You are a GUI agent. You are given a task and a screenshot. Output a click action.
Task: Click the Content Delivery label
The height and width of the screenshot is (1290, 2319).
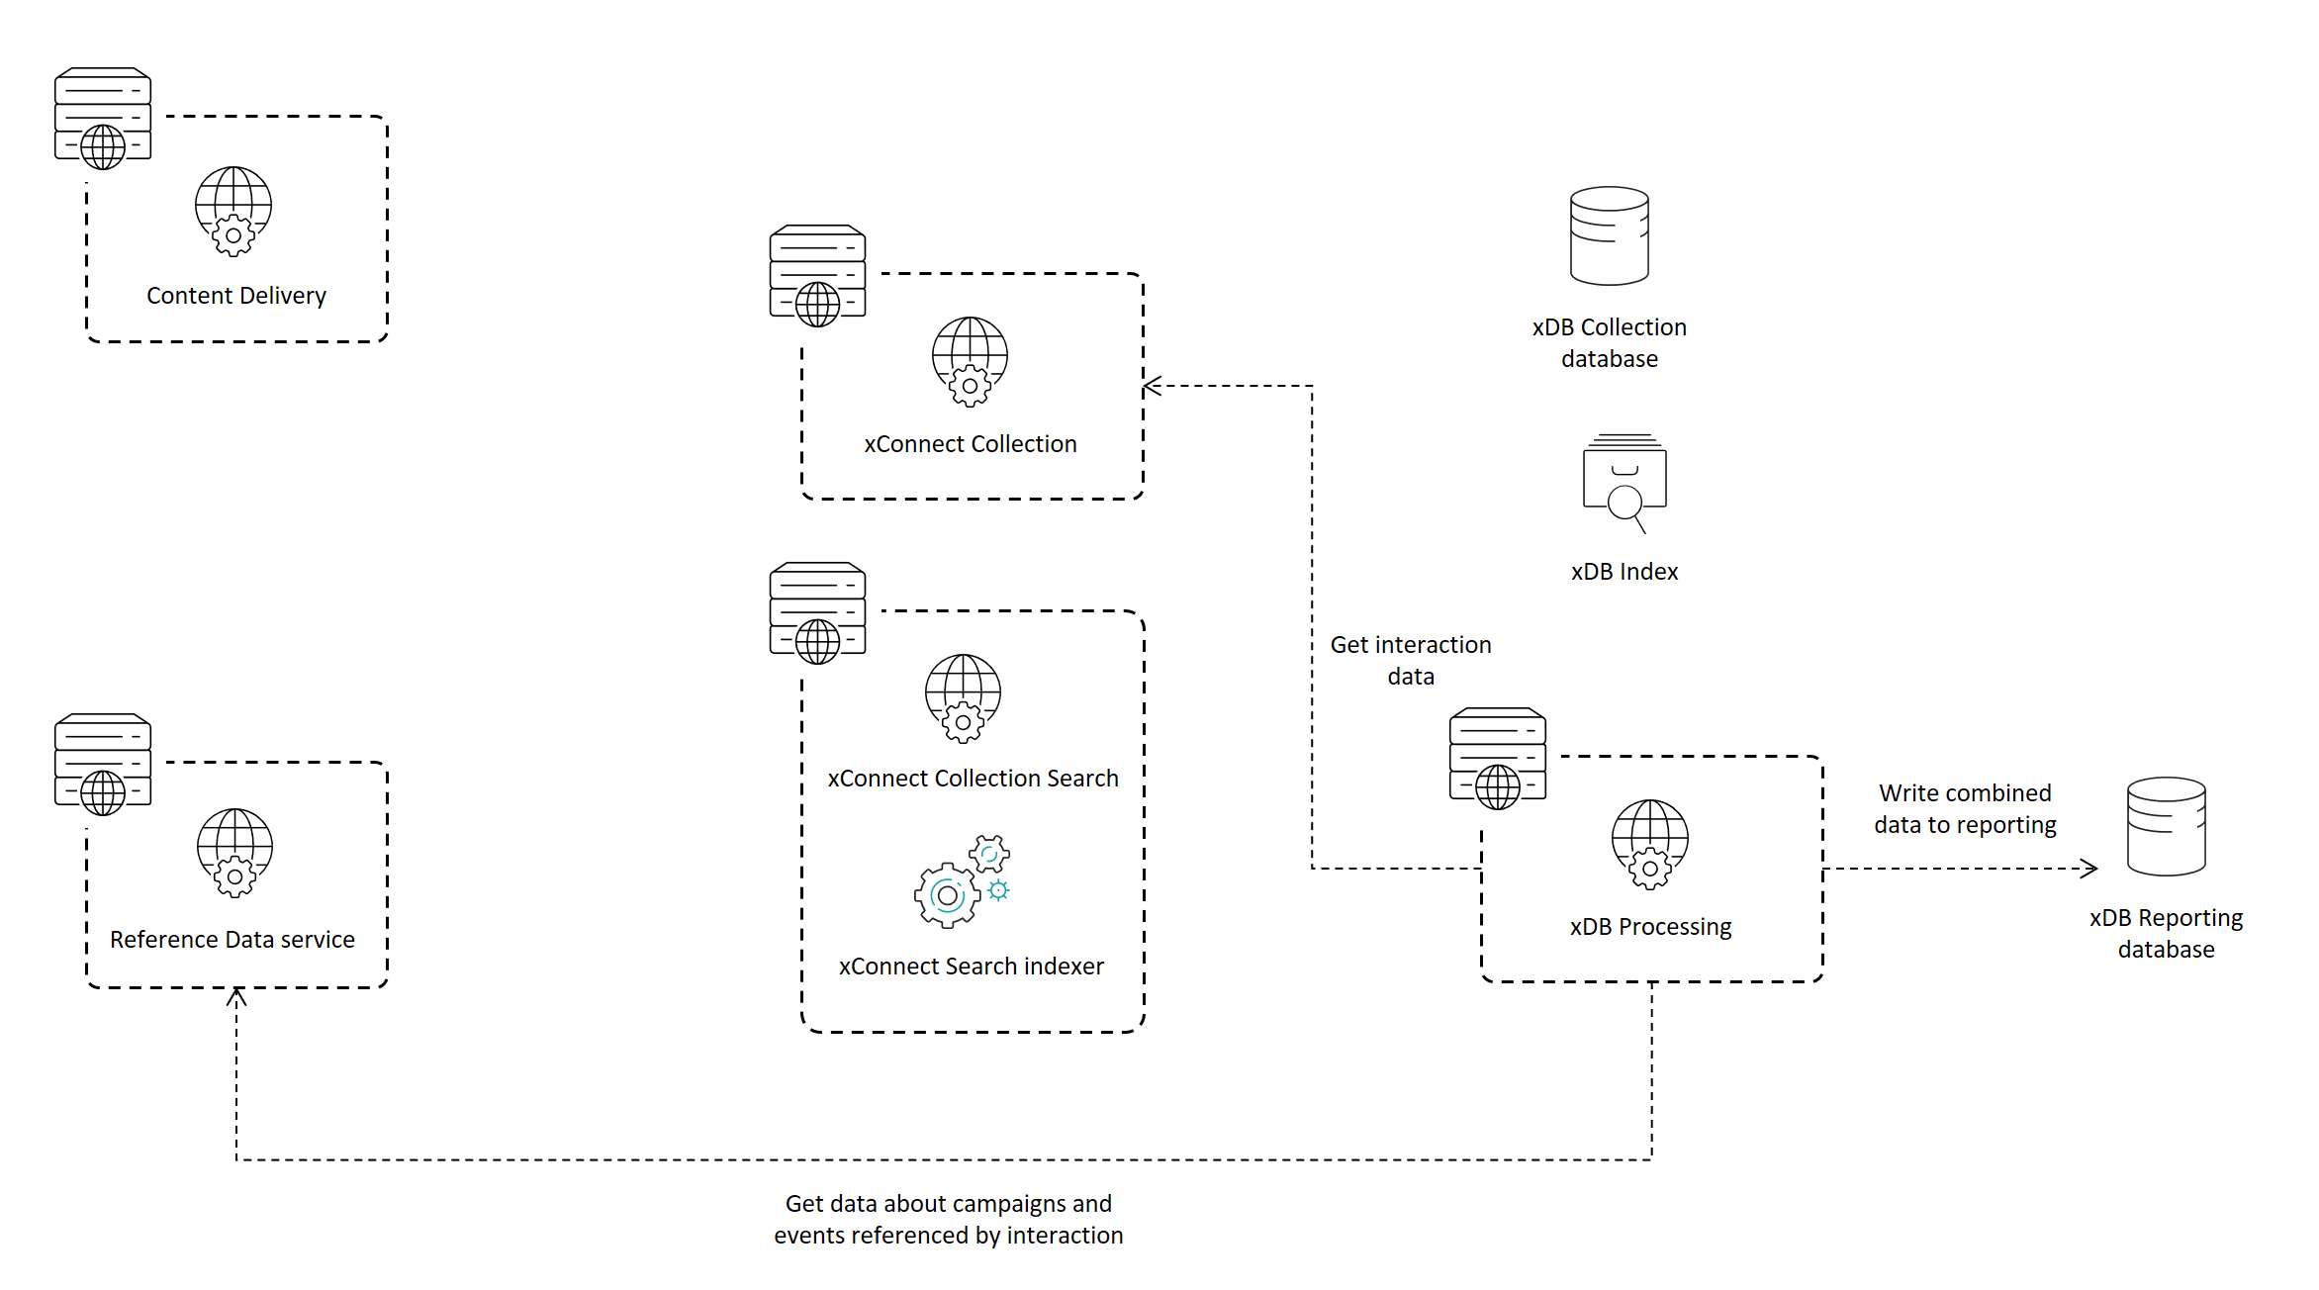pyautogui.click(x=235, y=296)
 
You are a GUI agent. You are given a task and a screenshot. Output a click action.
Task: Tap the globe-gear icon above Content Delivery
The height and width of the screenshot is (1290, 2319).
pyautogui.click(x=233, y=211)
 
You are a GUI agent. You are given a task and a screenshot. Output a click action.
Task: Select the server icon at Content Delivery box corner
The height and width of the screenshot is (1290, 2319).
pyautogui.click(x=103, y=118)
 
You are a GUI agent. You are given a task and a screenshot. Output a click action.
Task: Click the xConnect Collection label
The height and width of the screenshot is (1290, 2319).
pyautogui.click(x=970, y=444)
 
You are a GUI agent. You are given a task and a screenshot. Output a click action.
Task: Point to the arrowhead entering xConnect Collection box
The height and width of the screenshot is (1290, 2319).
pyautogui.click(x=1151, y=386)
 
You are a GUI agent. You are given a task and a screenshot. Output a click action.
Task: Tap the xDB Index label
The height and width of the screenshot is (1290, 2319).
pyautogui.click(x=1623, y=572)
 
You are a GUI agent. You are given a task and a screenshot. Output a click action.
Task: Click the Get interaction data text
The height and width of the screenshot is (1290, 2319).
pyautogui.click(x=1410, y=660)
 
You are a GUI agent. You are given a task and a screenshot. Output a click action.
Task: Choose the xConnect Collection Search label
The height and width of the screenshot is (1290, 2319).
pyautogui.click(x=973, y=779)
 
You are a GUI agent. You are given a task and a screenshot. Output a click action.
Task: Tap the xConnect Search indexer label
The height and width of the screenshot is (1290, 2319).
pyautogui.click(x=971, y=967)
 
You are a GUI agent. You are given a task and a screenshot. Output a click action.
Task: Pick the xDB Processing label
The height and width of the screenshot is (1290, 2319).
pyautogui.click(x=1650, y=927)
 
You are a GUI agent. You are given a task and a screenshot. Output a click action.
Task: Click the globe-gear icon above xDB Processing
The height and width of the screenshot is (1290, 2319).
pyautogui.click(x=1649, y=844)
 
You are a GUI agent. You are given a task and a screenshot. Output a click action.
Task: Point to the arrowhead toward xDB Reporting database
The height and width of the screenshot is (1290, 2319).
pyautogui.click(x=2089, y=869)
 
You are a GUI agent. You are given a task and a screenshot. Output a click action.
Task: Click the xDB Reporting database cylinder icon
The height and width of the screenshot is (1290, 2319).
pyautogui.click(x=2166, y=826)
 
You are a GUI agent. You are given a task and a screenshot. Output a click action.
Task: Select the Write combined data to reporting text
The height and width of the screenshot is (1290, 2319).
pyautogui.click(x=1964, y=808)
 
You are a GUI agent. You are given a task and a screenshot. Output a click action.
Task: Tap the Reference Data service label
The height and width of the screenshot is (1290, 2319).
pyautogui.click(x=232, y=940)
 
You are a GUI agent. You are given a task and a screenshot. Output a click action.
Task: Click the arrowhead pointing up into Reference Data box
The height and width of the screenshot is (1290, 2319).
pyautogui.click(x=236, y=996)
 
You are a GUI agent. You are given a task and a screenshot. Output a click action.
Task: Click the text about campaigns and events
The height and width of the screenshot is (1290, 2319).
pyautogui.click(x=948, y=1219)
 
